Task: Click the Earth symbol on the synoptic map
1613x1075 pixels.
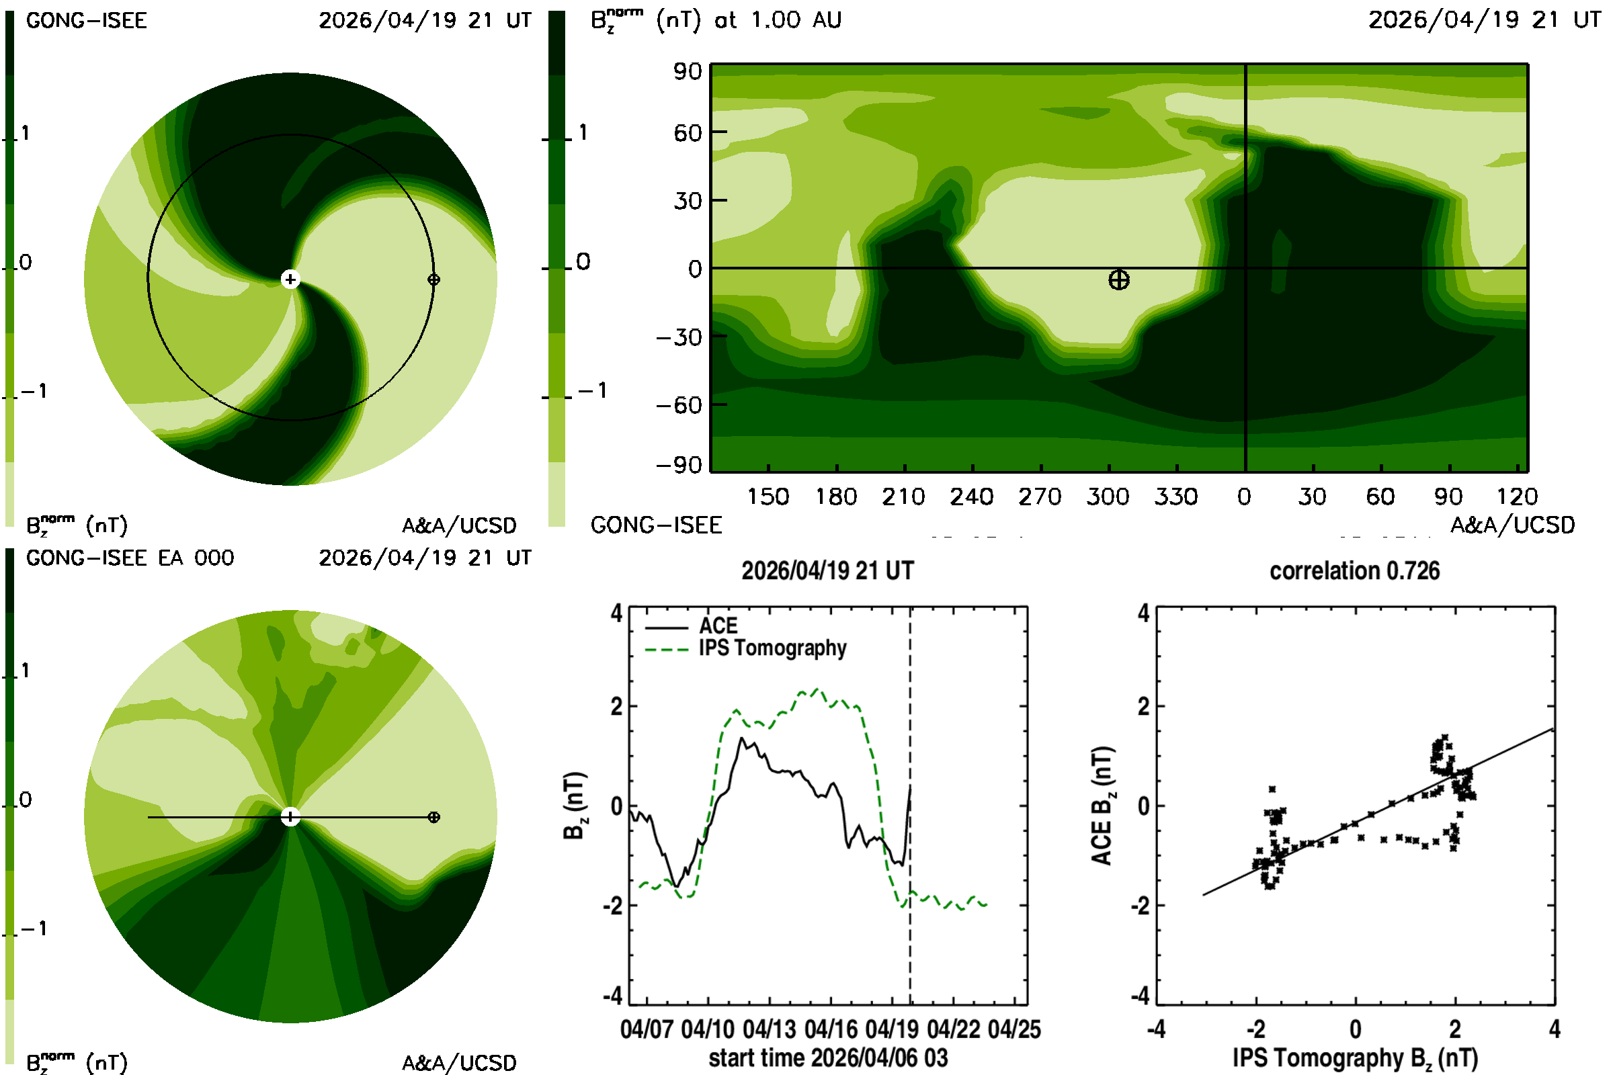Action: pos(1118,279)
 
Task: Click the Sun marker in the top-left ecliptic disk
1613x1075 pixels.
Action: pos(291,279)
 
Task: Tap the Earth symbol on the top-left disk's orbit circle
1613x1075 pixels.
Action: pos(433,279)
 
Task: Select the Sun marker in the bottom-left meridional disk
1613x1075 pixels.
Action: pos(291,816)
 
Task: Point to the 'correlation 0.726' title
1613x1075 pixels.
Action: pos(1354,570)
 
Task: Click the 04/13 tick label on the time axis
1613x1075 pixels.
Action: pos(770,1029)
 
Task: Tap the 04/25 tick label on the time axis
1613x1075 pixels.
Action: pos(1015,1029)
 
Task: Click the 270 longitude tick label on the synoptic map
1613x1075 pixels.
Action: pos(1040,497)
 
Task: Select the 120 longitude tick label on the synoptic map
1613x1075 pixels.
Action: pos(1517,497)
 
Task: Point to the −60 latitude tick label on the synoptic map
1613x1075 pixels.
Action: pos(679,405)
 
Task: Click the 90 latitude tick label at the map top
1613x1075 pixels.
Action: pos(687,71)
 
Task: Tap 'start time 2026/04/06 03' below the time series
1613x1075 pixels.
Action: pos(829,1058)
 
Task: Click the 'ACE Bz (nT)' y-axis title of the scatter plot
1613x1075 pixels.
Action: pos(1102,806)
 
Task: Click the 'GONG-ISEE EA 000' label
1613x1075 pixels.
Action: pos(130,558)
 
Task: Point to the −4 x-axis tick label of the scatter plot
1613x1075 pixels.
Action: pos(1156,1029)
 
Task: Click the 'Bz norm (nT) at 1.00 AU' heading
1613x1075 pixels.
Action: pos(716,20)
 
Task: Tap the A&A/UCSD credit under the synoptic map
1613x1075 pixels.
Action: pos(1513,525)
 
